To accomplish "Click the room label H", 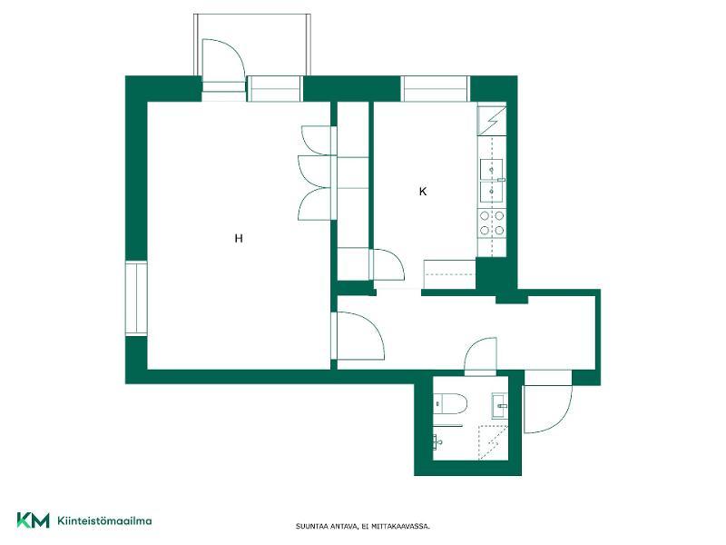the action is click(239, 239).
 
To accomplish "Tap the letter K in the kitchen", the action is click(422, 192).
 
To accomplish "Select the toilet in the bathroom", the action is click(450, 403).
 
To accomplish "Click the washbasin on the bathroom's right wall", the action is click(500, 406).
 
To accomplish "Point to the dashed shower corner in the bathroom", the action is click(493, 442).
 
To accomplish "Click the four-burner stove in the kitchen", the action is click(492, 223).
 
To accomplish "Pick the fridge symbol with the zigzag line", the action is click(492, 121).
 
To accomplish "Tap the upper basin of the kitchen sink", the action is click(491, 170).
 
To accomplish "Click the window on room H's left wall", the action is click(136, 299).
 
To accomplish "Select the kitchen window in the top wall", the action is click(435, 88).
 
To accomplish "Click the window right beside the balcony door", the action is click(274, 88).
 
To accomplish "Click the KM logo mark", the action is click(33, 520).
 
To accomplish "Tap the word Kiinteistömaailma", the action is click(104, 520).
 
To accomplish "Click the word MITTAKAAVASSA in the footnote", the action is click(401, 527).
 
